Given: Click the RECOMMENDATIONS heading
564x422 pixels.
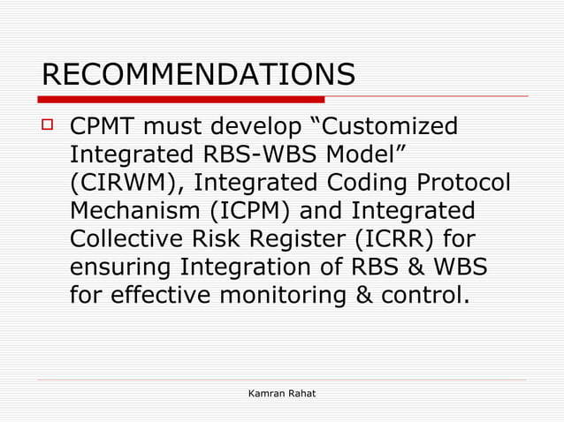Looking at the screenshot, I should [x=198, y=75].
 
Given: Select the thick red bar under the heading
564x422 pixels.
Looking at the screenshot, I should [x=181, y=99].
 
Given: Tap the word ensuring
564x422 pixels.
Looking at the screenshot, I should [x=121, y=268].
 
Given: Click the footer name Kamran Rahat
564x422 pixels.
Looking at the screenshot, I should [x=282, y=391].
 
